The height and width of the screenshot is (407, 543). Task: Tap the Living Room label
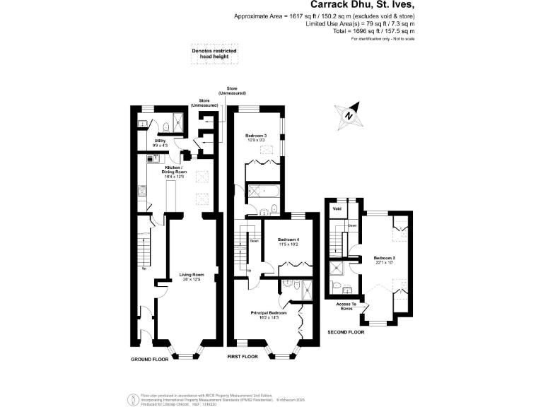pyautogui.click(x=192, y=275)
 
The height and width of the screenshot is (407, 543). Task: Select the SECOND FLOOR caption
pyautogui.click(x=346, y=331)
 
